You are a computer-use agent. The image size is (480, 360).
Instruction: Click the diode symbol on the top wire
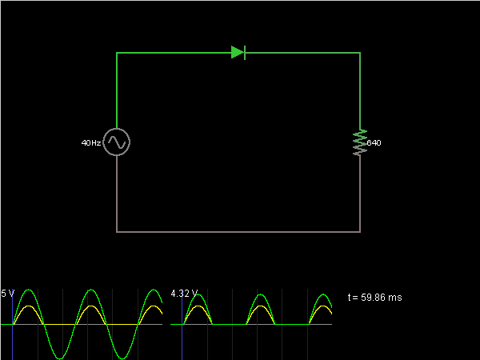click(238, 53)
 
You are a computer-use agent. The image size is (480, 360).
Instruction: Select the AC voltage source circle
click(117, 142)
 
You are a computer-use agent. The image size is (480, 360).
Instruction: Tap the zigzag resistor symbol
click(360, 142)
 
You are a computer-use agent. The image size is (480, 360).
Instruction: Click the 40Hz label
click(90, 143)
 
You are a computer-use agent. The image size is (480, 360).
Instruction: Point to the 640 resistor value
click(374, 143)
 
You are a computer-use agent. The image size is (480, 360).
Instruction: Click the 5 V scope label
click(7, 293)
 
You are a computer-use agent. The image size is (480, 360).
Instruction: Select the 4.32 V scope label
click(183, 293)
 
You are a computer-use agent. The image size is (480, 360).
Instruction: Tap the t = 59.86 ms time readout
click(375, 298)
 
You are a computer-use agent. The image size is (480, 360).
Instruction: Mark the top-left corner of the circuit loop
click(117, 53)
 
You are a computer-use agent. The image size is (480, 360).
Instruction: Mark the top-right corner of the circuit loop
click(360, 53)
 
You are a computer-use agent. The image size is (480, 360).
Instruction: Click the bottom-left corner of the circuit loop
click(117, 232)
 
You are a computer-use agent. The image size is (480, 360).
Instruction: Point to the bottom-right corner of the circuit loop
click(360, 232)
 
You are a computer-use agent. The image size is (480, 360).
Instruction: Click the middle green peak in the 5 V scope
click(90, 290)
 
